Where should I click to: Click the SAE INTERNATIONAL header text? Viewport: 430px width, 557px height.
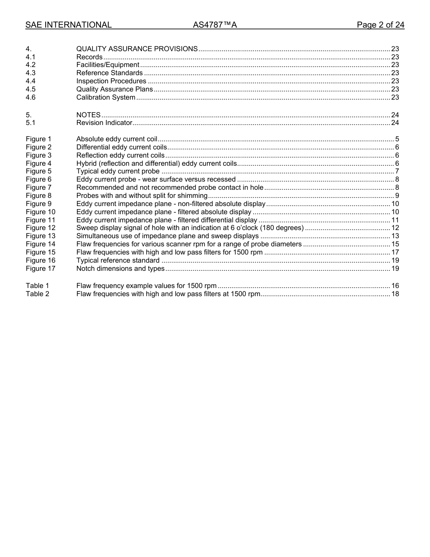(x=68, y=25)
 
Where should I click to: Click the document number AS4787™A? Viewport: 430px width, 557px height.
(x=215, y=25)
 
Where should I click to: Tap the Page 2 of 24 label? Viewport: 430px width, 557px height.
(x=380, y=25)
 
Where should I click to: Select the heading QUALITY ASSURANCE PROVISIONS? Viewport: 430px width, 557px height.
(x=137, y=49)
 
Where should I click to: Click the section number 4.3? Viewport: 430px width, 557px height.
(x=30, y=73)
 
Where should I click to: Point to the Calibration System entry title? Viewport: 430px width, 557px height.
(x=105, y=97)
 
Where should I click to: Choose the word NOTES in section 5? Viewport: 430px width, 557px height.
(x=88, y=115)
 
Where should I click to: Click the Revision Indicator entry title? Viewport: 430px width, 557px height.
(x=104, y=123)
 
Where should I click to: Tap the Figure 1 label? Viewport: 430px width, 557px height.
(x=38, y=139)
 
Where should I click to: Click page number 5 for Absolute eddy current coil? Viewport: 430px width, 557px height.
(x=397, y=139)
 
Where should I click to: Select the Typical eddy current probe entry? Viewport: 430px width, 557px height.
(x=118, y=171)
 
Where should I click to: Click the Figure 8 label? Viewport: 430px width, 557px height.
(x=38, y=196)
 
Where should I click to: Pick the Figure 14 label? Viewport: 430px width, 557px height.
(x=40, y=244)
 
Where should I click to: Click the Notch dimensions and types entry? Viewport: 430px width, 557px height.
(x=120, y=269)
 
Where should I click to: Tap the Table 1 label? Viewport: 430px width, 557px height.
(x=37, y=286)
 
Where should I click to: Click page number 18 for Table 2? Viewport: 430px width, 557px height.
(x=395, y=294)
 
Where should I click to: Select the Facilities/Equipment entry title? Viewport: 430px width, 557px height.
(x=108, y=65)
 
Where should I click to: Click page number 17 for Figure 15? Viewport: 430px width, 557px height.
(x=395, y=252)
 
